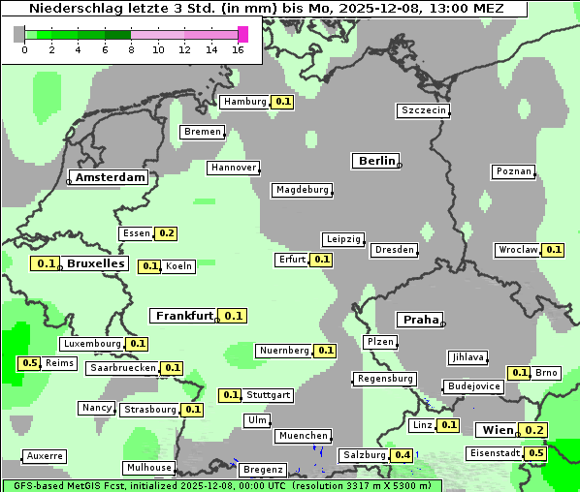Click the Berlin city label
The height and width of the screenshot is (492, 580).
(376, 161)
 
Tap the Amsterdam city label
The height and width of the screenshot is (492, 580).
(111, 177)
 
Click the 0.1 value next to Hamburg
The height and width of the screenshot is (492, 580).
(282, 102)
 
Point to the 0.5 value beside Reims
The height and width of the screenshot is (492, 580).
(29, 363)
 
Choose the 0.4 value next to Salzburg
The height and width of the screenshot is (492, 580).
(402, 455)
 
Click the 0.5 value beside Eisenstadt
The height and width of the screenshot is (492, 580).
(534, 453)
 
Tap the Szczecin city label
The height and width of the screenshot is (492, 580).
(424, 110)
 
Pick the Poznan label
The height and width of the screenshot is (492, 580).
(514, 171)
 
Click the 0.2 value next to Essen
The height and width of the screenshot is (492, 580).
(166, 233)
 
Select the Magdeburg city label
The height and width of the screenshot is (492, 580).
(302, 190)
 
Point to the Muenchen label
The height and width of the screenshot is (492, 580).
(304, 437)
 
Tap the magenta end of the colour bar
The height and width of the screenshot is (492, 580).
(242, 34)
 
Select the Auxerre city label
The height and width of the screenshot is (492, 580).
(45, 455)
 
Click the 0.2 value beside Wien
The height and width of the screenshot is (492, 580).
(534, 430)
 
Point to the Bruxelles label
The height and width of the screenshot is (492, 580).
(95, 263)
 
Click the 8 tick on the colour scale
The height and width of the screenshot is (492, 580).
(131, 49)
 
